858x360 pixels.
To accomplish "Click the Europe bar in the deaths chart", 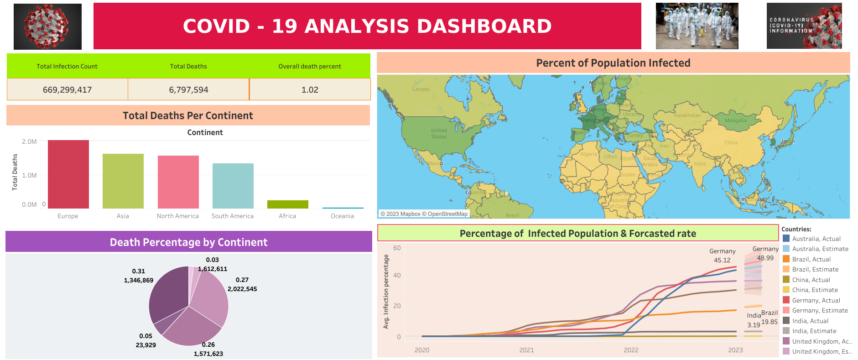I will click(68, 174).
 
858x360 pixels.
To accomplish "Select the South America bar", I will click(233, 186).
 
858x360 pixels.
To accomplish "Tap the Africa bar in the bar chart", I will click(287, 204).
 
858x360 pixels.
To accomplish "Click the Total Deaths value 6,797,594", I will click(188, 90).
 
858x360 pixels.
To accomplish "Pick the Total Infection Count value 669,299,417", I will click(67, 90).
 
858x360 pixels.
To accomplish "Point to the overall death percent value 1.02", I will click(310, 90).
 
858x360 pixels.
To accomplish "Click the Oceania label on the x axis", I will click(342, 216).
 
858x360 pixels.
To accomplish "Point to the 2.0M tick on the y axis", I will click(29, 141).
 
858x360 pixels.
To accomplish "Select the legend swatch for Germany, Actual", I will click(786, 300).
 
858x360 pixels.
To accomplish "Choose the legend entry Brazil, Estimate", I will click(815, 270).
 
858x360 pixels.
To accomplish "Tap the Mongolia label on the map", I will click(735, 121).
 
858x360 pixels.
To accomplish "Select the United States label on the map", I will click(439, 133).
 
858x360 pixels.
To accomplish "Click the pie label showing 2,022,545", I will click(242, 289).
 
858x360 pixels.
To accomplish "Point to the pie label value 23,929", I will click(146, 345).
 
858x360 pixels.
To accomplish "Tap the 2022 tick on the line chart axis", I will click(631, 350).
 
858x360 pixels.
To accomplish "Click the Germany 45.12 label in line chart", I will click(722, 256).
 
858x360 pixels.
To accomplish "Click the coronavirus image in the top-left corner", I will click(47, 26).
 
